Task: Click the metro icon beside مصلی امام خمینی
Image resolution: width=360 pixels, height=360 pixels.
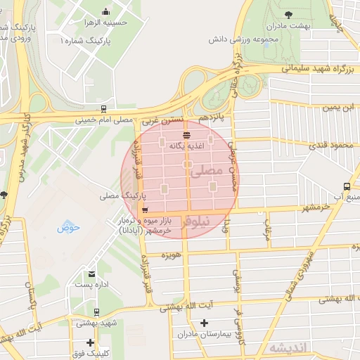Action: pyautogui.click(x=104, y=109)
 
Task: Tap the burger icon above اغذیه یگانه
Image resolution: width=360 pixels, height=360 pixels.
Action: pyautogui.click(x=186, y=135)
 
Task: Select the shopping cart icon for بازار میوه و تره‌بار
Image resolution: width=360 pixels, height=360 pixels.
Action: pyautogui.click(x=145, y=210)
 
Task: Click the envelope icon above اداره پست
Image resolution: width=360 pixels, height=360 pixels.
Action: pyautogui.click(x=91, y=274)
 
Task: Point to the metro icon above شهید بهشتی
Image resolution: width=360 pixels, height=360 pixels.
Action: pyautogui.click(x=96, y=311)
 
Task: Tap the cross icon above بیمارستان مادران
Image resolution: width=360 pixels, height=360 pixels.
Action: pyautogui.click(x=204, y=323)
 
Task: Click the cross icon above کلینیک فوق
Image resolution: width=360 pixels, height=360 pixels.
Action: pyautogui.click(x=89, y=342)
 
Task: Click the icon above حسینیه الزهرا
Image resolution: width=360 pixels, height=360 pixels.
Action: pyautogui.click(x=105, y=11)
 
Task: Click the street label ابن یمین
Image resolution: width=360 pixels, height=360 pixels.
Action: pyautogui.click(x=340, y=108)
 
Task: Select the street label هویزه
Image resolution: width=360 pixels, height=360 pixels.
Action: pyautogui.click(x=172, y=252)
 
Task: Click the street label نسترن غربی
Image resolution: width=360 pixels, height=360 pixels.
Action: pyautogui.click(x=164, y=121)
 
